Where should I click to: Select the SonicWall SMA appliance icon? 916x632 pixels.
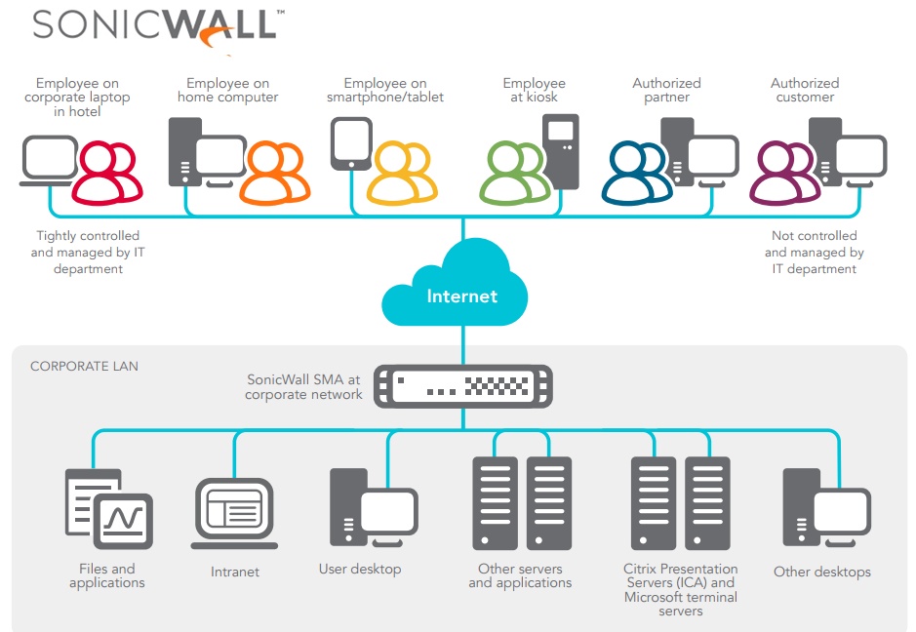[463, 386]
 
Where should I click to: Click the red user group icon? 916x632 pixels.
[107, 173]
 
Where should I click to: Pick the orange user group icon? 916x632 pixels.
[275, 173]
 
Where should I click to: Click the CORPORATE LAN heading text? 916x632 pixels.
[84, 367]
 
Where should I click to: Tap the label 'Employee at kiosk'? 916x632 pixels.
[534, 91]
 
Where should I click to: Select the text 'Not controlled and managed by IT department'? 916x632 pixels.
[814, 252]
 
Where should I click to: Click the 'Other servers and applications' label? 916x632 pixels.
[520, 575]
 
